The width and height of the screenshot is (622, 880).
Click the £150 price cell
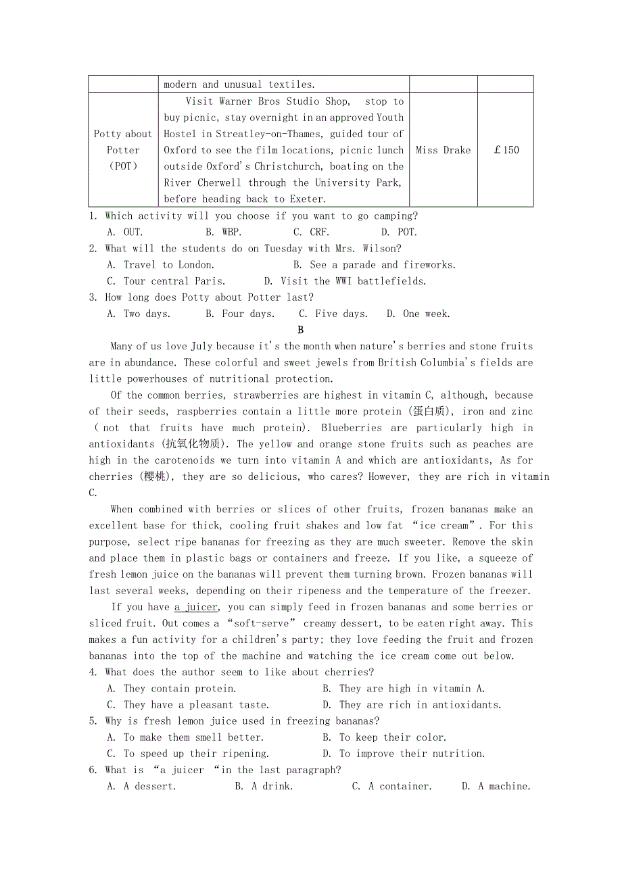[506, 150]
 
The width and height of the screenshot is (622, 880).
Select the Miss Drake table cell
[443, 150]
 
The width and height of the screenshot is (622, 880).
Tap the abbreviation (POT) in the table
[123, 166]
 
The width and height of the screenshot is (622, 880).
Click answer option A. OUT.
[125, 232]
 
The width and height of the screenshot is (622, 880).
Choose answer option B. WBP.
[224, 232]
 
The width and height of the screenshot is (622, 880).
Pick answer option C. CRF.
[311, 232]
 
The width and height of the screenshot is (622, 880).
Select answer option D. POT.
[399, 232]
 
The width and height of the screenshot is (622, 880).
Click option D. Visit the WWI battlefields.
[345, 280]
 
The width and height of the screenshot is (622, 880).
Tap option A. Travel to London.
[161, 264]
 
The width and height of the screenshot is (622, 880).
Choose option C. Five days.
[333, 314]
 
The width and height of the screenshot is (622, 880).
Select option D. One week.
[418, 314]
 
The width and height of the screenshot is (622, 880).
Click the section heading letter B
[300, 330]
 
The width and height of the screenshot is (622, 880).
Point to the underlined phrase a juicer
[196, 607]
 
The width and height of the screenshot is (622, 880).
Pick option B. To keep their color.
[384, 737]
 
